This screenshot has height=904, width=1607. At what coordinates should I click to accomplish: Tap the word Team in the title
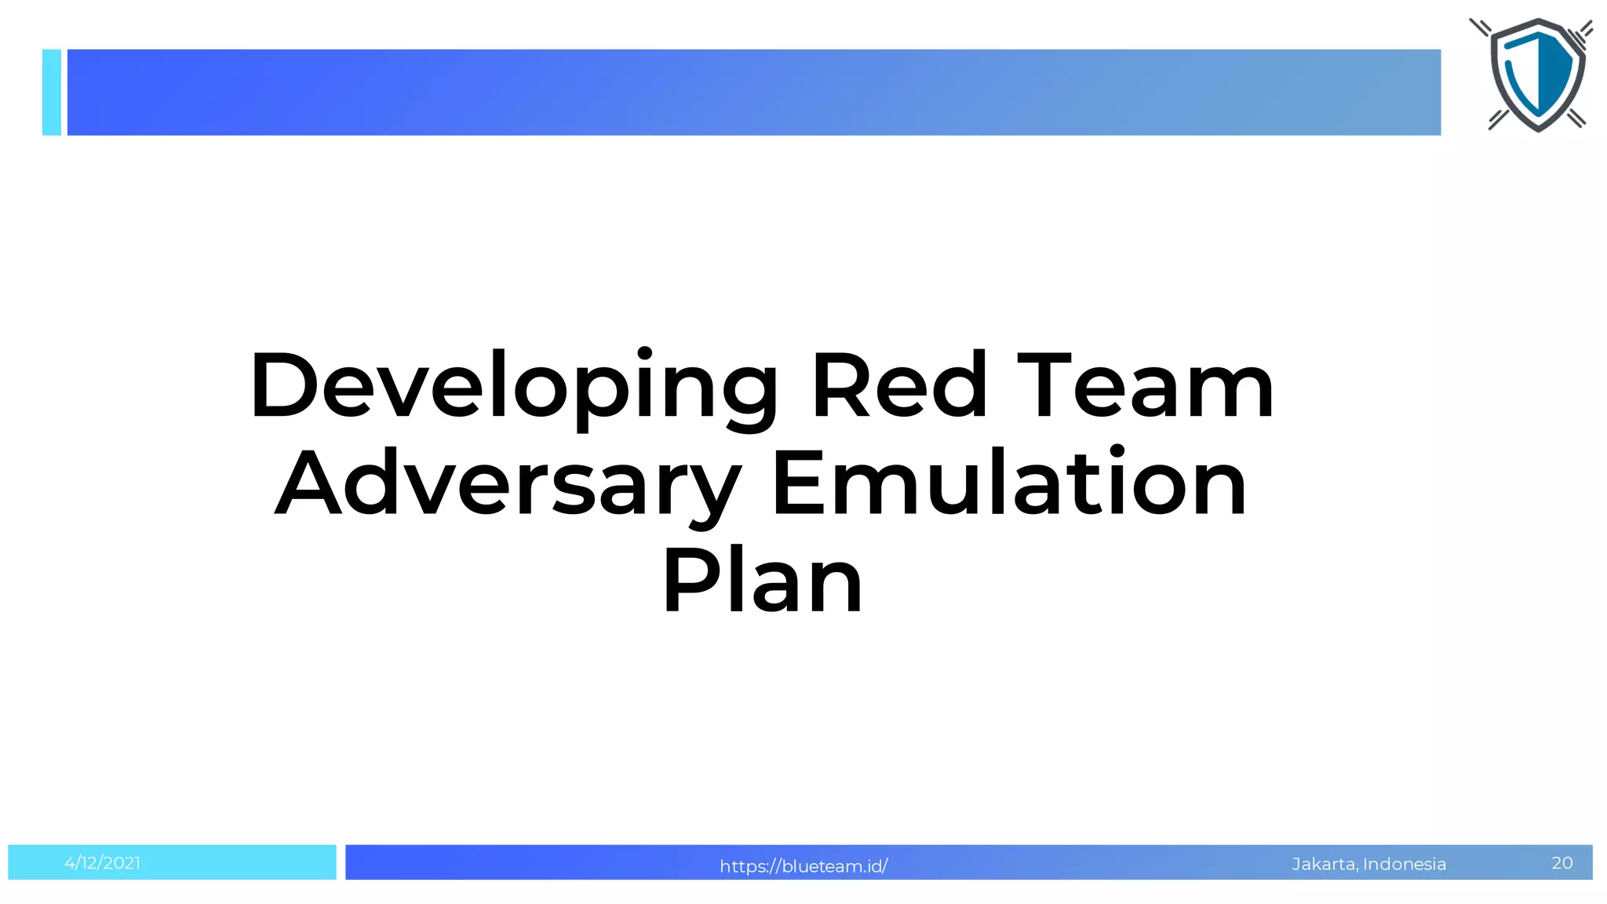point(1146,386)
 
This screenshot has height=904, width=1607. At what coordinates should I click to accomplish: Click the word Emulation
point(1009,483)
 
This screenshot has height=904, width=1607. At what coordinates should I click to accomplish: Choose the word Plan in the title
point(763,581)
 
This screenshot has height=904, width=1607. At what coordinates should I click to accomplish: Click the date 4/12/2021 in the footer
point(103,863)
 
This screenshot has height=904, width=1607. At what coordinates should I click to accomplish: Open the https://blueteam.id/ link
point(803,866)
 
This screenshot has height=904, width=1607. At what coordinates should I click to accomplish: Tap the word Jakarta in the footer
point(1324,864)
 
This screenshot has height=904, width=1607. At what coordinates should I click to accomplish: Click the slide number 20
point(1562,863)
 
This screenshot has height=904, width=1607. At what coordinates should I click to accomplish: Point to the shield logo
point(1538,75)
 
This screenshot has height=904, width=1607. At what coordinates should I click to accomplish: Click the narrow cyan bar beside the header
point(52,93)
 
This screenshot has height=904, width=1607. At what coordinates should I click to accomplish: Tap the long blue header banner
point(753,93)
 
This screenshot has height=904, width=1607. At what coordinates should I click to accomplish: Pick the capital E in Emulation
point(799,483)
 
